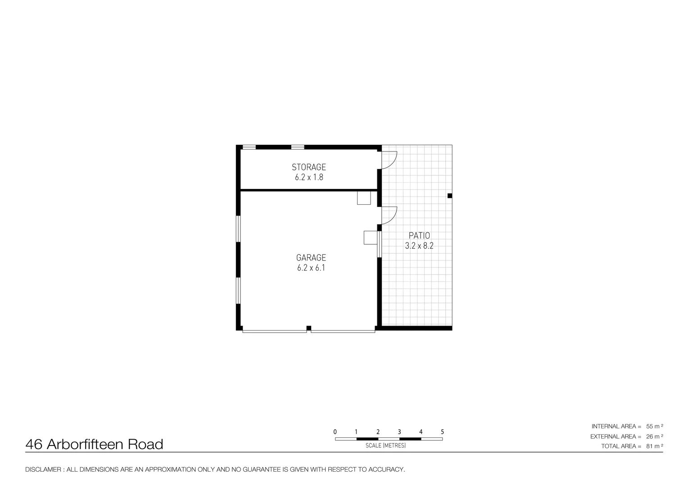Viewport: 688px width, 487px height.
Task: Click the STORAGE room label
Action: click(308, 167)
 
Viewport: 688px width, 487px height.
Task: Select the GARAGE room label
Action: click(311, 257)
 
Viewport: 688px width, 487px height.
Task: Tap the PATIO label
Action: click(419, 235)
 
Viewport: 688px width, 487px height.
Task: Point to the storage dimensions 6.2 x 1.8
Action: click(309, 177)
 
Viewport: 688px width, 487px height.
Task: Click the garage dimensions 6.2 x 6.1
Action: click(311, 268)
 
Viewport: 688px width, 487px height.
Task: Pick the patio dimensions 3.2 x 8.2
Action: click(419, 246)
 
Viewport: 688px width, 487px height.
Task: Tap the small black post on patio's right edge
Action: click(449, 196)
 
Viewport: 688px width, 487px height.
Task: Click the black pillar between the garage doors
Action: click(308, 328)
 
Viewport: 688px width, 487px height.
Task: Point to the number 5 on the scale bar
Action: click(442, 432)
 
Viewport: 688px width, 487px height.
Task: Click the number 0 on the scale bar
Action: click(335, 432)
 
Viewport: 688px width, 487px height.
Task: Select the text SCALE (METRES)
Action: click(385, 446)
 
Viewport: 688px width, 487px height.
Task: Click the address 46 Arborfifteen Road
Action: click(94, 445)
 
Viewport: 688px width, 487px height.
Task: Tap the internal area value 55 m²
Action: click(654, 426)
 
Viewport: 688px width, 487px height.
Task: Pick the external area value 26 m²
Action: click(654, 436)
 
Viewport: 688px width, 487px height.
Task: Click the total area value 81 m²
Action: click(654, 446)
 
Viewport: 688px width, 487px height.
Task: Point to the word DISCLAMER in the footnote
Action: click(43, 469)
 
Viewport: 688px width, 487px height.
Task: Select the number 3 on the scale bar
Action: click(399, 432)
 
